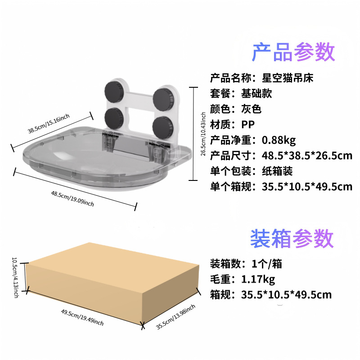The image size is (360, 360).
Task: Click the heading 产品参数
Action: tap(293, 52)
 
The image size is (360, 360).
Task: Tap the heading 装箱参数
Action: tap(292, 238)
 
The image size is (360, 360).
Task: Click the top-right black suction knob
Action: tap(163, 99)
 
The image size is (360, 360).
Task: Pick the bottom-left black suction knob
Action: tap(114, 117)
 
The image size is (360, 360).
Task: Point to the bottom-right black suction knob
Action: tap(162, 126)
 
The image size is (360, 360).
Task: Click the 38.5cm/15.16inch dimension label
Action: tap(49, 124)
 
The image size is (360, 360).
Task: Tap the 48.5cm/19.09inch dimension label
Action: tap(72, 198)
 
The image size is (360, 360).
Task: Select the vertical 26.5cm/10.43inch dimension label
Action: tap(203, 134)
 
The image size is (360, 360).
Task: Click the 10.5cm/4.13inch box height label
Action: tap(15, 277)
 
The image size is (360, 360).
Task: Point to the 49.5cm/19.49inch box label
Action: tap(82, 317)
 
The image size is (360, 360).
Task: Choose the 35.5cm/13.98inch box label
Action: tap(175, 317)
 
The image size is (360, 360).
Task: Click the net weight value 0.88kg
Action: tap(279, 140)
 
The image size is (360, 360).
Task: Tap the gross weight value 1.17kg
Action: tap(258, 279)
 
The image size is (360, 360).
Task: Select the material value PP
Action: tap(248, 125)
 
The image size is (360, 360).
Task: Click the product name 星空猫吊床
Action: tap(288, 78)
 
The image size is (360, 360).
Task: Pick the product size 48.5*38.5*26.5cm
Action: tap(307, 156)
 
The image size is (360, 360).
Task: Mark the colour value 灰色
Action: tap(252, 109)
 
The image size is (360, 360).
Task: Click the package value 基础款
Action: tap(256, 94)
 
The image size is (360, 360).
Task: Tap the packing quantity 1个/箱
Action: tap(267, 264)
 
